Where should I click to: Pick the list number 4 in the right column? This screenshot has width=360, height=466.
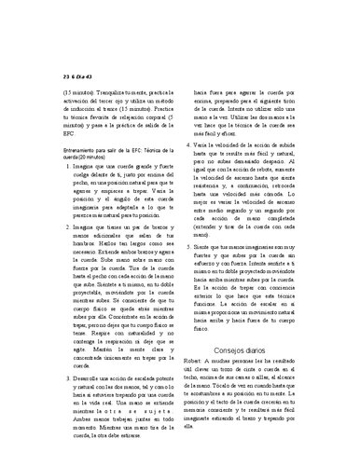195,147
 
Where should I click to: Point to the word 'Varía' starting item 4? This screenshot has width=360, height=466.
210,147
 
